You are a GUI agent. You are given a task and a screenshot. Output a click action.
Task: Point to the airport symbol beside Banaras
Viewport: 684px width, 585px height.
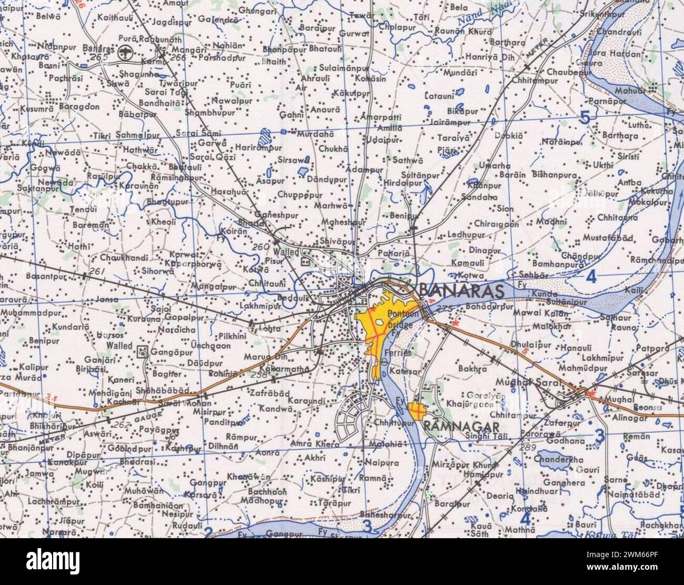tap(125, 52)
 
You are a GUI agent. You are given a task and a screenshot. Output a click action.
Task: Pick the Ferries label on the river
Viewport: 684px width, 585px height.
tap(398, 353)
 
